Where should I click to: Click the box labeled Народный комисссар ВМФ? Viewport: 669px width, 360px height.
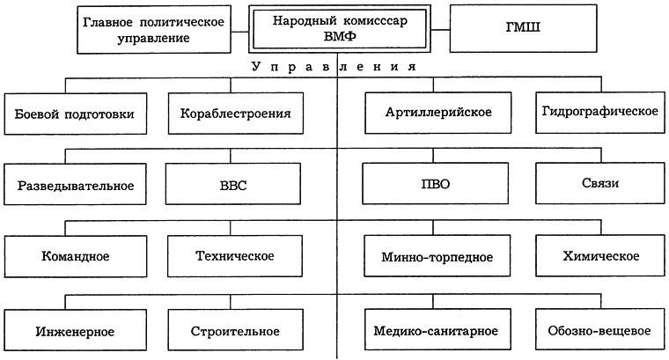coord(340,29)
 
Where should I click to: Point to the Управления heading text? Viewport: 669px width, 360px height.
coord(334,67)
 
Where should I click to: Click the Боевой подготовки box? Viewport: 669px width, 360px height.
coord(75,114)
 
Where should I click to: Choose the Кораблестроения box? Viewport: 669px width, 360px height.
coord(235,114)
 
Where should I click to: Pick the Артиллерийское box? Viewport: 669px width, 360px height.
coord(437,114)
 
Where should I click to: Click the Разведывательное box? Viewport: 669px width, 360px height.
coord(75,187)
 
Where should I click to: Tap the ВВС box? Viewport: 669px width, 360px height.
coord(235,187)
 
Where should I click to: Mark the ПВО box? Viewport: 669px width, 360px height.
coord(437,187)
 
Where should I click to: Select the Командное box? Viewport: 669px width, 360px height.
coord(75,257)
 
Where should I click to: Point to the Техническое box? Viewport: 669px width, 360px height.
coord(235,257)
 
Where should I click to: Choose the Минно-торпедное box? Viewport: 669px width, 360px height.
coord(437,257)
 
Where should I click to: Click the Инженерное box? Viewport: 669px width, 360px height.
coord(75,331)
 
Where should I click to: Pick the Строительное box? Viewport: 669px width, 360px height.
coord(235,331)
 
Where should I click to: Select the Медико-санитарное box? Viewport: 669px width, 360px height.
coord(437,331)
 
